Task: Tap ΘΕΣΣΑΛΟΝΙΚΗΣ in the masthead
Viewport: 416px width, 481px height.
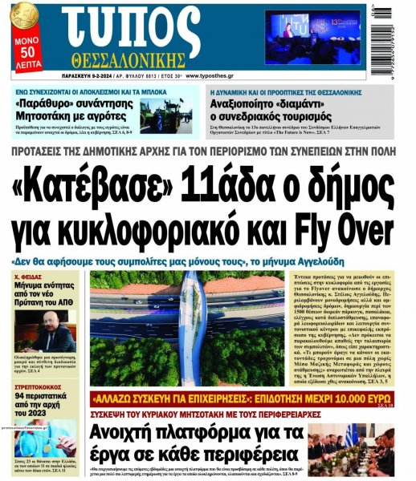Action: [132, 62]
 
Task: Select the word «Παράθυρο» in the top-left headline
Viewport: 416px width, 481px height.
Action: [47, 104]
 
